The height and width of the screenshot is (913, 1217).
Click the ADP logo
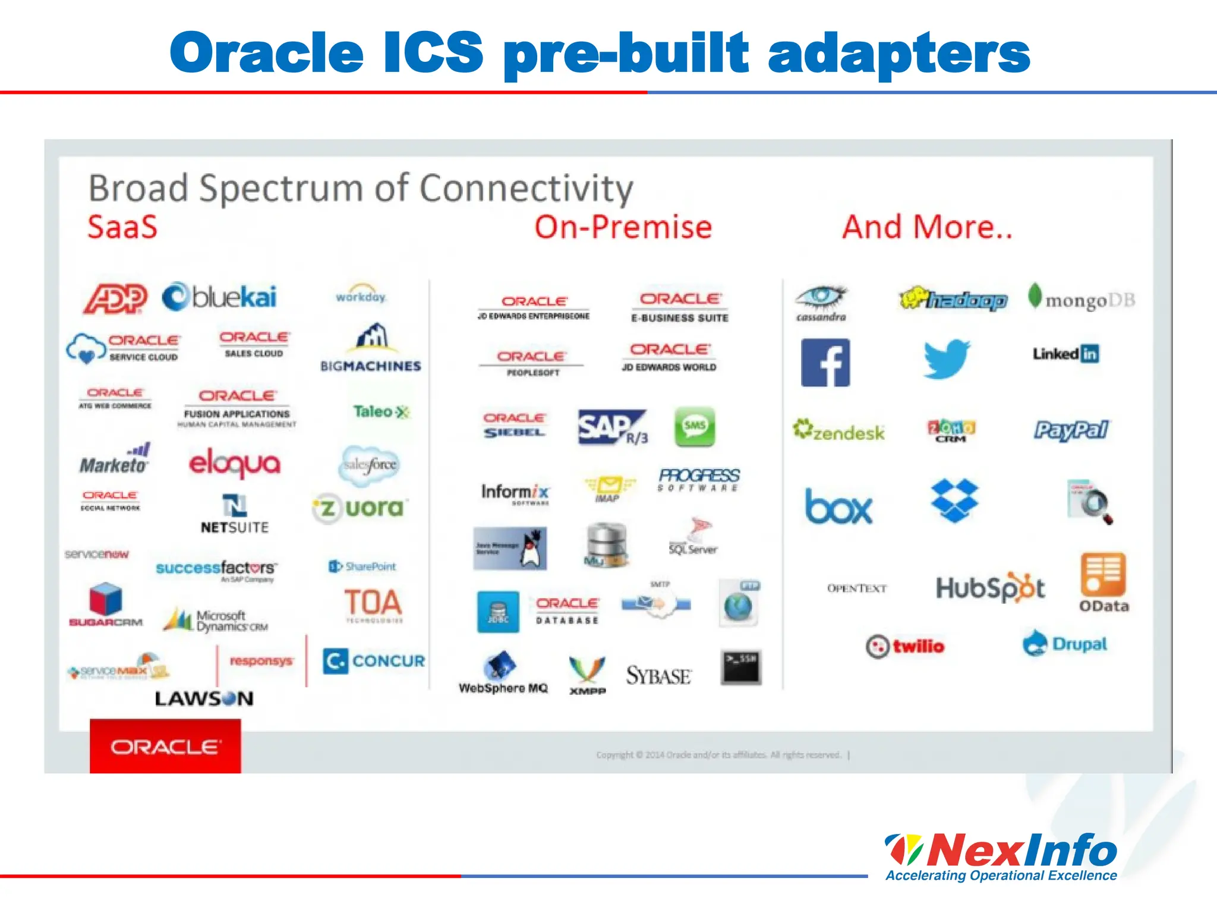pyautogui.click(x=115, y=298)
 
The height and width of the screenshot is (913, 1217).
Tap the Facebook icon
pyautogui.click(x=825, y=363)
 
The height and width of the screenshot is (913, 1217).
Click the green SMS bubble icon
pyautogui.click(x=694, y=426)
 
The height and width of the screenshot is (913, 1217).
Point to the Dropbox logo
pyautogui.click(x=954, y=500)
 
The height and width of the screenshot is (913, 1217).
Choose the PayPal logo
pyautogui.click(x=1071, y=430)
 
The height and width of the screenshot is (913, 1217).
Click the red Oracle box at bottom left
pyautogui.click(x=165, y=747)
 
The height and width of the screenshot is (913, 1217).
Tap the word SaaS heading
pyautogui.click(x=122, y=227)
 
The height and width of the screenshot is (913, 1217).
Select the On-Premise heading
pyautogui.click(x=623, y=227)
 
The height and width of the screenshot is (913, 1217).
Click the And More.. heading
pyautogui.click(x=927, y=227)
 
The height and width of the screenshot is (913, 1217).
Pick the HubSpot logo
pyautogui.click(x=990, y=588)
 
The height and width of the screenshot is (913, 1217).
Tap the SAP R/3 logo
pyautogui.click(x=612, y=427)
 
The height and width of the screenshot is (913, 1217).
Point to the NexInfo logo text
pyautogui.click(x=1021, y=850)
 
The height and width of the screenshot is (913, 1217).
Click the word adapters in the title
pyautogui.click(x=898, y=53)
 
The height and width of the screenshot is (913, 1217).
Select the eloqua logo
pyautogui.click(x=234, y=464)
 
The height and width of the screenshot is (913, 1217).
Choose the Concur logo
pyautogui.click(x=374, y=661)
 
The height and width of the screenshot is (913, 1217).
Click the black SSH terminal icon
pyautogui.click(x=741, y=667)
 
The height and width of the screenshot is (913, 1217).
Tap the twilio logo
pyautogui.click(x=905, y=646)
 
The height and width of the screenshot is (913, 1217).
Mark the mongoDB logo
pyautogui.click(x=1082, y=299)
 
